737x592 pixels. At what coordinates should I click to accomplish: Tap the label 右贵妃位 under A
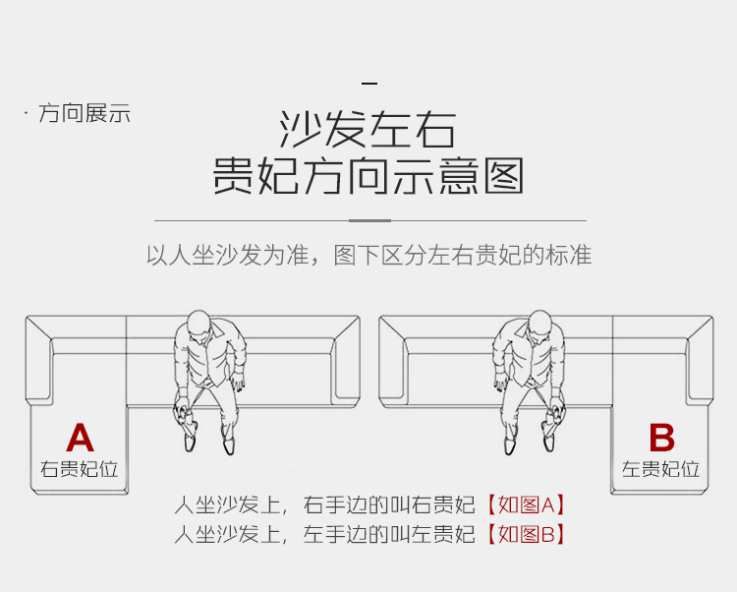tap(80, 469)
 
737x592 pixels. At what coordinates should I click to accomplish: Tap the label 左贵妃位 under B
tap(661, 469)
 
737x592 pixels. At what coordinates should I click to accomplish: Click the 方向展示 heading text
tap(85, 114)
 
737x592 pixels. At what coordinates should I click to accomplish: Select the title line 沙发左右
tap(368, 130)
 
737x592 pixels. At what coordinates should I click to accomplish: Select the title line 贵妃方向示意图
tap(368, 177)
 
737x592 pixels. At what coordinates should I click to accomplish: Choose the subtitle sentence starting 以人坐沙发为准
tap(368, 256)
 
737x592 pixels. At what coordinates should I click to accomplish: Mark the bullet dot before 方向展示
tap(27, 114)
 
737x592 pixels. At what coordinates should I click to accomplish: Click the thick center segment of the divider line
tap(369, 220)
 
